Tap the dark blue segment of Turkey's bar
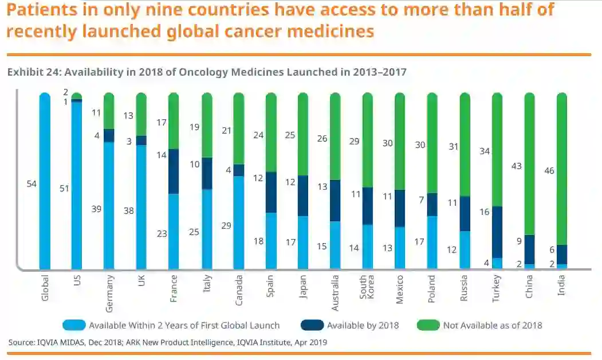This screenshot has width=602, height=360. pyautogui.click(x=497, y=232)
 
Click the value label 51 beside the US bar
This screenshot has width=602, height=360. pyautogui.click(x=64, y=188)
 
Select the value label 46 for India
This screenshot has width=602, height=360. pyautogui.click(x=549, y=170)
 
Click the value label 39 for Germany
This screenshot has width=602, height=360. pyautogui.click(x=96, y=209)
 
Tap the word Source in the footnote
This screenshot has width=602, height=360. pyautogui.click(x=21, y=342)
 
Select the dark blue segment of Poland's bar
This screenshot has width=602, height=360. pyautogui.click(x=432, y=205)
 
